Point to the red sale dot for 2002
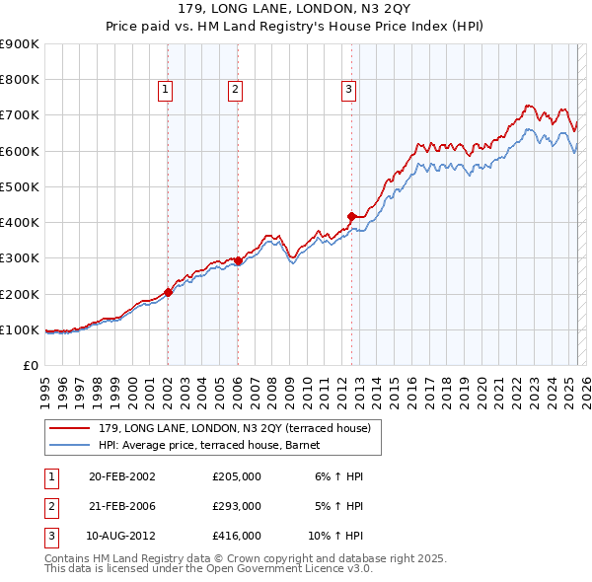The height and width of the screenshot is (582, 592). point(168,292)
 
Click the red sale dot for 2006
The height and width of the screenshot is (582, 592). point(238,261)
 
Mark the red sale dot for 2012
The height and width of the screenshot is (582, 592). point(351,215)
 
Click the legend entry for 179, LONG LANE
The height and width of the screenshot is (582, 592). point(234,428)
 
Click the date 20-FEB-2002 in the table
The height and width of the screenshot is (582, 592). point(121,476)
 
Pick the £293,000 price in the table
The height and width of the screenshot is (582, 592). point(237,506)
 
